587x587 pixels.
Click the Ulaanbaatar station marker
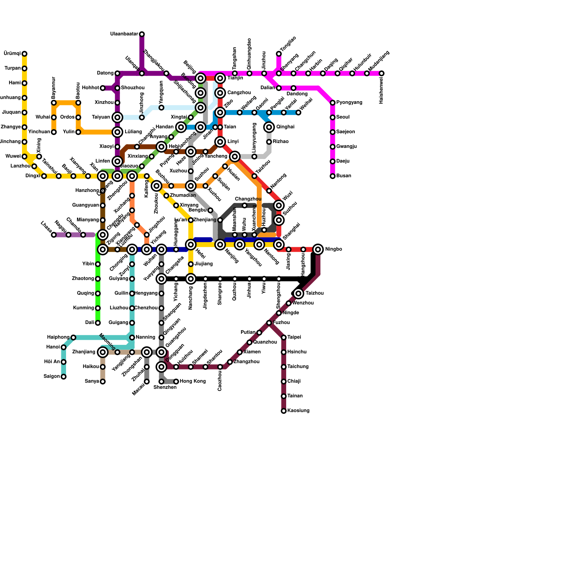(x=142, y=34)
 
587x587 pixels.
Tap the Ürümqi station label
(x=12, y=54)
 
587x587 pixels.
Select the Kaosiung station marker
(x=284, y=411)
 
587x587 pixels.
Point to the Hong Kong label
(x=193, y=382)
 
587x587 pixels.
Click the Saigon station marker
(x=63, y=377)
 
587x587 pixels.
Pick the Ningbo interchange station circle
(x=318, y=249)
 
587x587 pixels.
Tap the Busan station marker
(x=332, y=176)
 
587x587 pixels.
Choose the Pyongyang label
(x=349, y=103)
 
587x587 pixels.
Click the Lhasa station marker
(x=54, y=235)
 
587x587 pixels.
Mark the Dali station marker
(x=98, y=323)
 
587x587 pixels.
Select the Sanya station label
(x=92, y=382)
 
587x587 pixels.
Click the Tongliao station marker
(x=279, y=54)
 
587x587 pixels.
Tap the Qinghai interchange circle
(x=269, y=127)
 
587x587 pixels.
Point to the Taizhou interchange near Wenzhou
(x=299, y=293)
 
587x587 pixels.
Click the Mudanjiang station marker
(x=382, y=73)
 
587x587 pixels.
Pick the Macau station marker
(x=147, y=382)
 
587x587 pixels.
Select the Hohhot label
(x=90, y=88)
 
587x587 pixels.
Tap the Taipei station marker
(x=284, y=338)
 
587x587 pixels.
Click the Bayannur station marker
(x=54, y=103)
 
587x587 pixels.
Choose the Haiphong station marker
(x=73, y=338)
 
